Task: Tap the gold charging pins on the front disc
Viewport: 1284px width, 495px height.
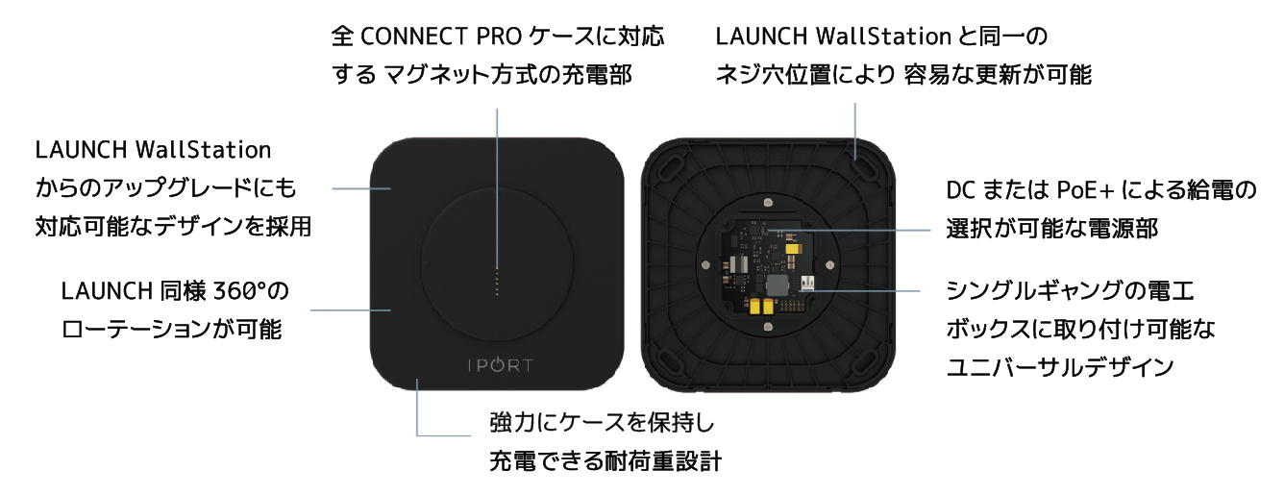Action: [x=497, y=283]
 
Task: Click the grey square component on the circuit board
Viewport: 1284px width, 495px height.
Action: [x=775, y=285]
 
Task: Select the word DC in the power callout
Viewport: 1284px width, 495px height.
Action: [x=960, y=191]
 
